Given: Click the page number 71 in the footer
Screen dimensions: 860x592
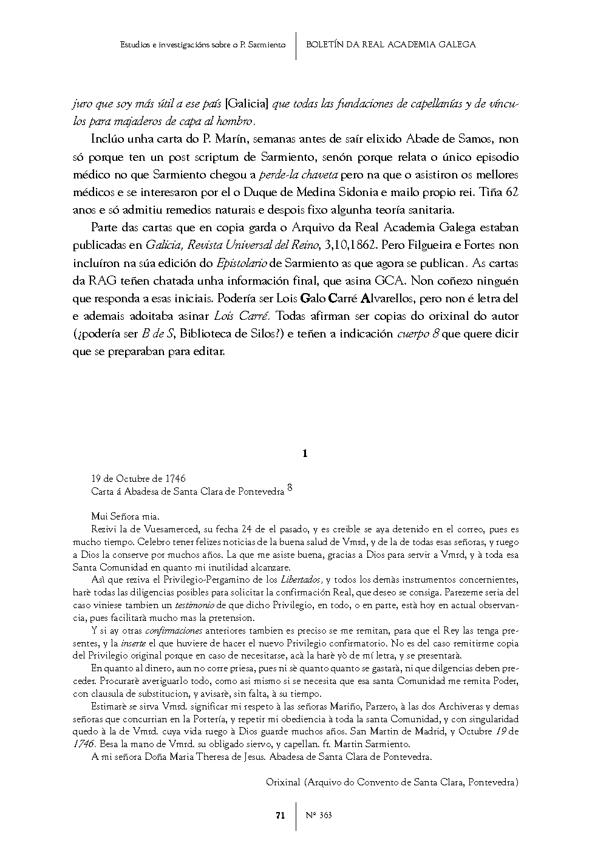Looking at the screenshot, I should point(280,816).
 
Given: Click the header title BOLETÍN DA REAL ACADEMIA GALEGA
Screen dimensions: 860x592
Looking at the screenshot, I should point(390,44).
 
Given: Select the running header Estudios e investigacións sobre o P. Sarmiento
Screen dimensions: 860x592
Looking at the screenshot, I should point(203,44).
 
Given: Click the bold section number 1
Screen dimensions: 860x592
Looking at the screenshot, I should point(305,453).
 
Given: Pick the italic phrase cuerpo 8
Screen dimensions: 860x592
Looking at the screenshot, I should point(418,334).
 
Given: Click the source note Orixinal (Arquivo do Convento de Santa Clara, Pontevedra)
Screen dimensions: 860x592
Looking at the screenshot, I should point(392,782).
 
